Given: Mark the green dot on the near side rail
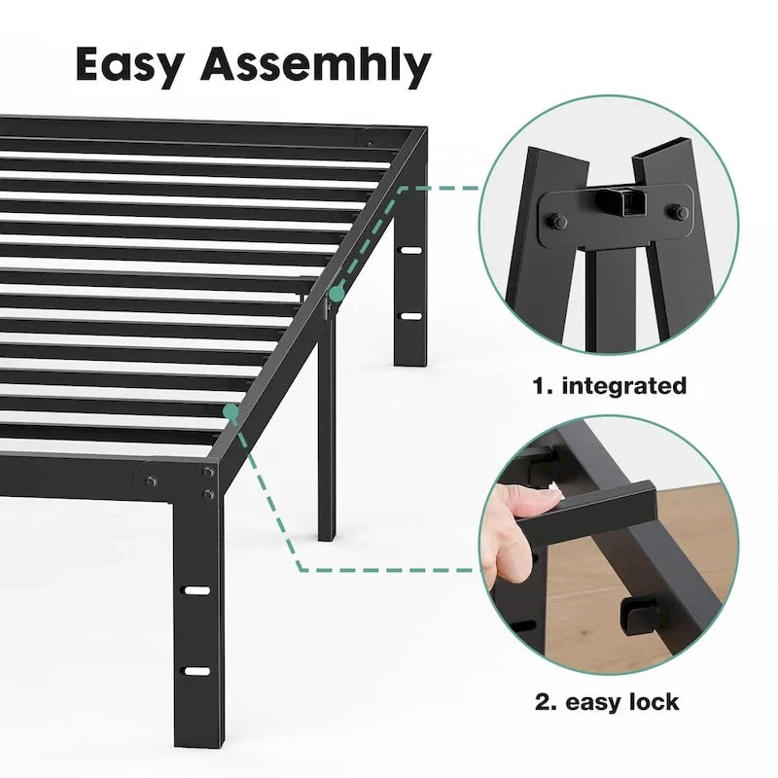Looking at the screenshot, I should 231,412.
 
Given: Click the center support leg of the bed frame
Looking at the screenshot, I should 326,428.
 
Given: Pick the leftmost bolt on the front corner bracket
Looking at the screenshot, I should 151,480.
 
